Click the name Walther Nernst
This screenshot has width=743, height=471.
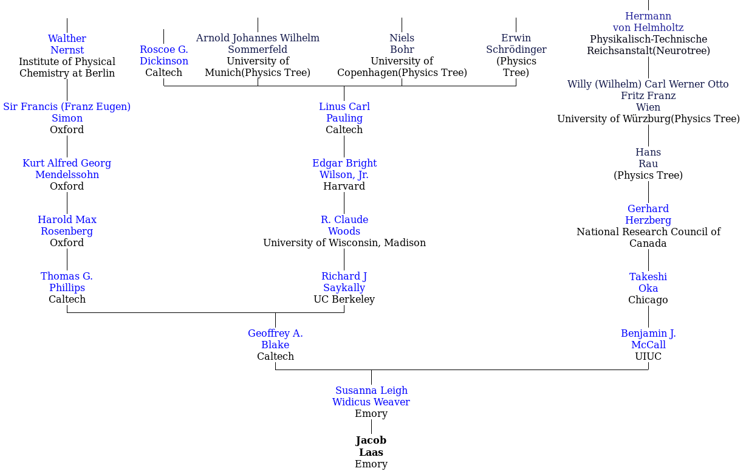tap(67, 44)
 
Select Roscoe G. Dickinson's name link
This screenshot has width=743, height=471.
tap(163, 55)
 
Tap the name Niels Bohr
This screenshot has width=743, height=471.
tap(402, 44)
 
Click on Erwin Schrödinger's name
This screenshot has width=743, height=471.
tap(516, 44)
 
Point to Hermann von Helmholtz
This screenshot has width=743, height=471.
tap(648, 22)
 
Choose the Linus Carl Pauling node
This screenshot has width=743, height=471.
tap(344, 112)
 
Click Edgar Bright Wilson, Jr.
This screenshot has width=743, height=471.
tap(344, 169)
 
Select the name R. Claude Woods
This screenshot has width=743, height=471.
tap(344, 225)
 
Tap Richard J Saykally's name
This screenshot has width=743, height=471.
tap(344, 282)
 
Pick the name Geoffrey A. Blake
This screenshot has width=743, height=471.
tap(275, 339)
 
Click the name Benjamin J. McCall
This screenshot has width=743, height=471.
tap(648, 339)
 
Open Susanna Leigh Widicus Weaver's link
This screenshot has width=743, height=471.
tap(371, 396)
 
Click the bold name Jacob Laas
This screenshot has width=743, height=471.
tap(371, 446)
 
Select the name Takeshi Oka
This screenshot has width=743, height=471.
tap(648, 283)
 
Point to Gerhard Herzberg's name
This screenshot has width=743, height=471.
tap(648, 215)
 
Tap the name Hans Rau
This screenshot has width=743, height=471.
tap(648, 158)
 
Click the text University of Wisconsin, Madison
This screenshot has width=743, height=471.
tap(344, 243)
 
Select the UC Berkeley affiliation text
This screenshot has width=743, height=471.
tap(344, 300)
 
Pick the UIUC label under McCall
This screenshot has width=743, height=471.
tap(648, 357)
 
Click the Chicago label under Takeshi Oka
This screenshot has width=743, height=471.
tap(648, 300)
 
